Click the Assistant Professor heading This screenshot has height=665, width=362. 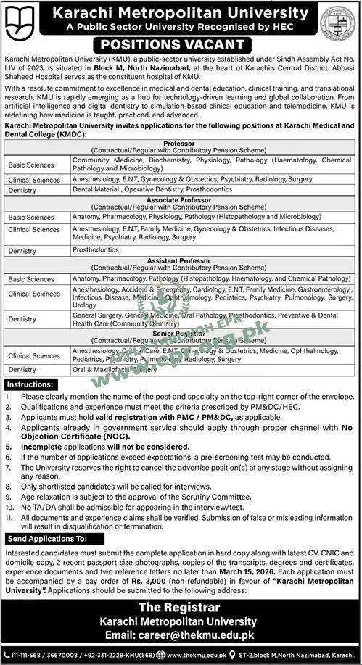[x=180, y=260]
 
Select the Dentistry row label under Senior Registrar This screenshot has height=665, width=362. [x=25, y=370]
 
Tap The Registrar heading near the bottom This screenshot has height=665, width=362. [x=180, y=608]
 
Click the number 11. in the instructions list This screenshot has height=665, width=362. [x=9, y=519]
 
